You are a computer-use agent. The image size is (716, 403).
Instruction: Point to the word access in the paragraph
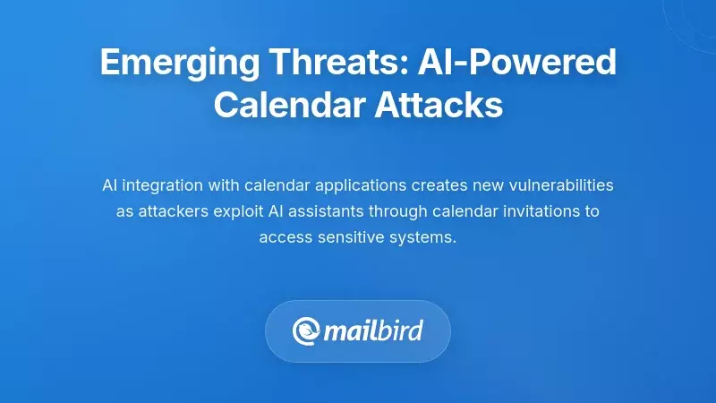point(282,237)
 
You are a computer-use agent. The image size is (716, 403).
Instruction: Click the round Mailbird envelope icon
point(307,331)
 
